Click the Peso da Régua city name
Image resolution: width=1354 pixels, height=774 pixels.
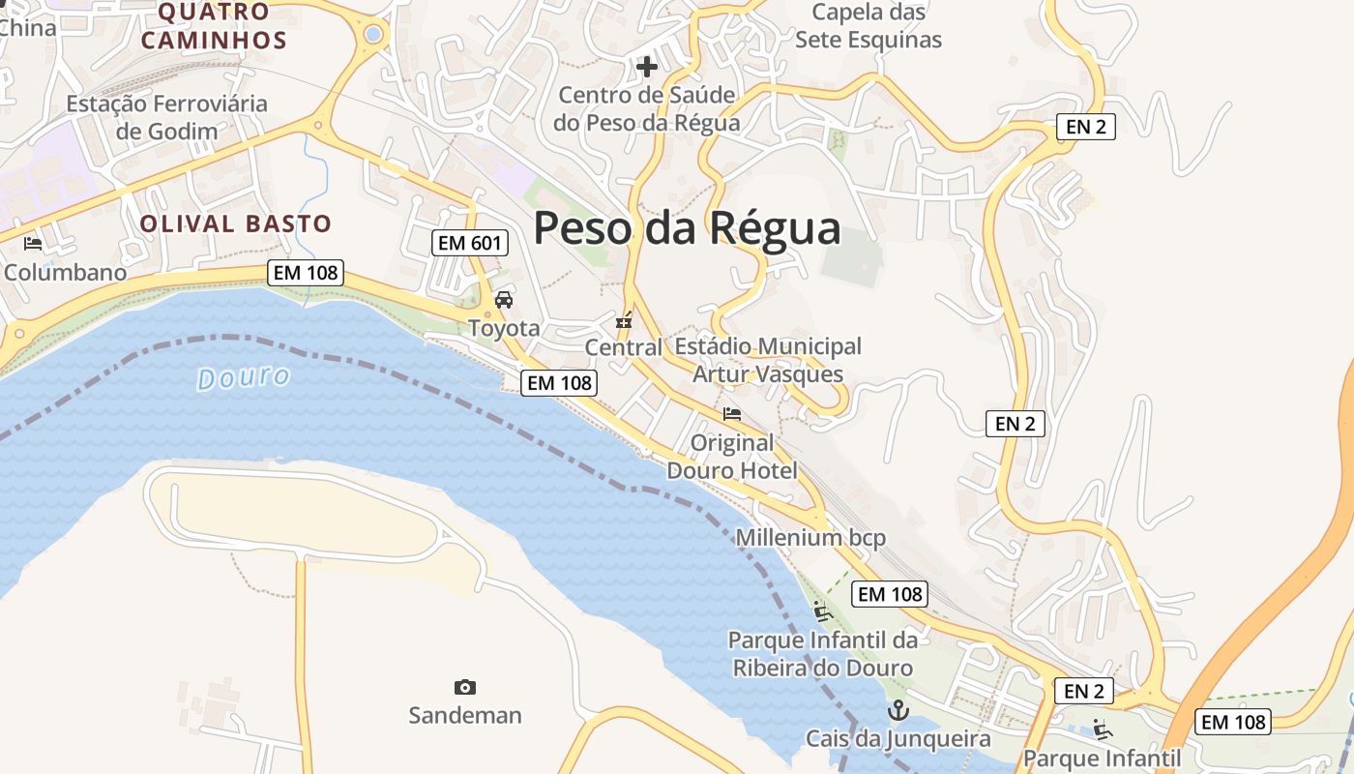coord(687,228)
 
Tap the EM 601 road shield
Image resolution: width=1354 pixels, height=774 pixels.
coord(470,243)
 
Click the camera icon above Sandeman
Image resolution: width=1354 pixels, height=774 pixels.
coord(465,687)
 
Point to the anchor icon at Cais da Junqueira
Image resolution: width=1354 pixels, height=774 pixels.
coord(899,711)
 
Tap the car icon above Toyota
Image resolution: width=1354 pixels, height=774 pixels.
coord(504,300)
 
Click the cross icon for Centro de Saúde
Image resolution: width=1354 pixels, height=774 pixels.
coord(647,67)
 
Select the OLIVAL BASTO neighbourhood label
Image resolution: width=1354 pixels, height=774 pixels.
coord(235,223)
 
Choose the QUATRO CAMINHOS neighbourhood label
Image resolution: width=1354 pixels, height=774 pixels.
coord(214,26)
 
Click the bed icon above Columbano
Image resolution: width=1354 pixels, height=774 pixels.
coord(33,243)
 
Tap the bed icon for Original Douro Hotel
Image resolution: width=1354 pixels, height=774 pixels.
coord(732,414)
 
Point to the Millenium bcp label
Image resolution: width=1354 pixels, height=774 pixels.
coord(810,538)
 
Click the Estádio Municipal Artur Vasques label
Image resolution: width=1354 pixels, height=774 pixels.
coord(768,360)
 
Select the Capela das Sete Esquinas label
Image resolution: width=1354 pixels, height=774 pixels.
coord(868,26)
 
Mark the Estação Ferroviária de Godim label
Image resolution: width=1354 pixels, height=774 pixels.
coord(166,116)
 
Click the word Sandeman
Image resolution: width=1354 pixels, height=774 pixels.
coord(465,715)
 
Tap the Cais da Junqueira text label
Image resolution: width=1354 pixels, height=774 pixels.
coord(898,739)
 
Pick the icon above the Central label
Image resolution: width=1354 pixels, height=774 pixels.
coord(625,319)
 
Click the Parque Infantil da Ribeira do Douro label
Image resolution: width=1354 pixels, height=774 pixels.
coord(822,654)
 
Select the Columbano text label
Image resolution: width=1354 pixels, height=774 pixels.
coord(65,272)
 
